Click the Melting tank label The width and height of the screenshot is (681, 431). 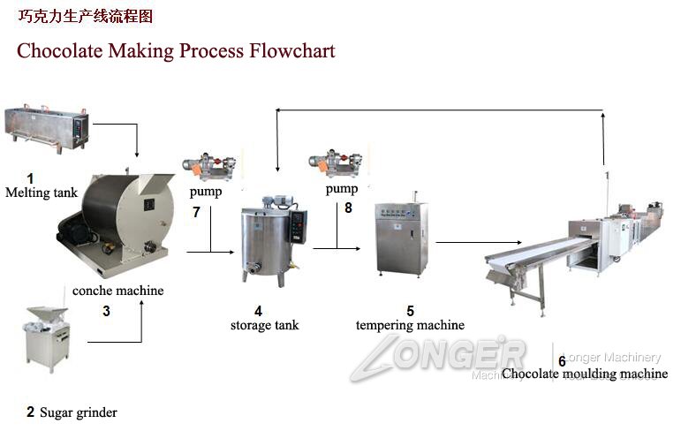42,193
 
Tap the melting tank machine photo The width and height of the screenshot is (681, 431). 49,129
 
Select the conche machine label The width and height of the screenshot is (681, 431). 117,290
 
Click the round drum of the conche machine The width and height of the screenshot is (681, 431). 117,211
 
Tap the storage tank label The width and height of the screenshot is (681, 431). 264,325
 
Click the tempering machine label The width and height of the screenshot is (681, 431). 410,325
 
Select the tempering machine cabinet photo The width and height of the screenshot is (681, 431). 401,238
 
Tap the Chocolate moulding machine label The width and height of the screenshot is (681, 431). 585,374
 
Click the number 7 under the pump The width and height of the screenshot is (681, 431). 196,212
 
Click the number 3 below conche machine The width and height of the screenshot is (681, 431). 106,311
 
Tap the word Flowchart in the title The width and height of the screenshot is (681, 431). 290,50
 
